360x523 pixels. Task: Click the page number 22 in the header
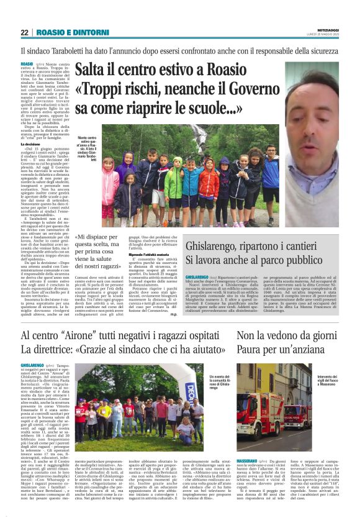[x=24, y=32]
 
